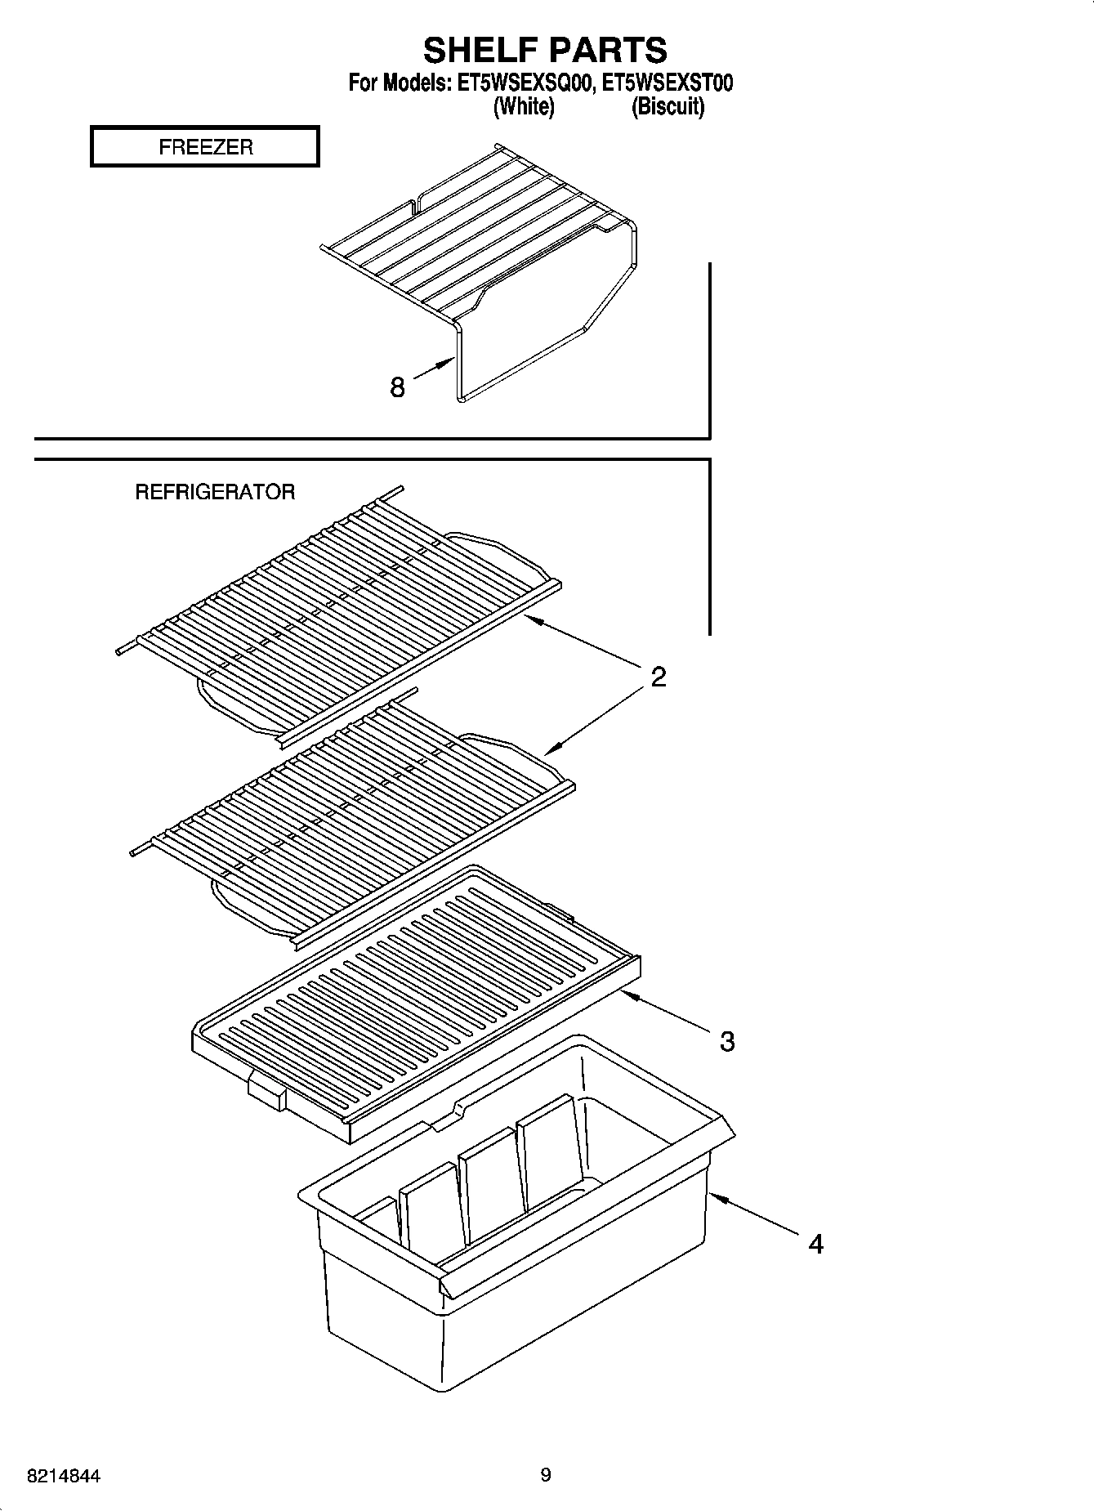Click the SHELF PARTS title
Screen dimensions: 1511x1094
point(545,51)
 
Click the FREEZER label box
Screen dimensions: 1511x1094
point(205,147)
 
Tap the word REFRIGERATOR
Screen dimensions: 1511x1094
point(215,492)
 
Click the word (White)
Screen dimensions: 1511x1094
point(524,107)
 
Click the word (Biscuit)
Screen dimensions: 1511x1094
point(668,107)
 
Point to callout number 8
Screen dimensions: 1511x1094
point(397,387)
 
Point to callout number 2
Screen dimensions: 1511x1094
point(659,677)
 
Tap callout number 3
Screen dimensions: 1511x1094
point(726,1041)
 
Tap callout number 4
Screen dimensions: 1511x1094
point(815,1244)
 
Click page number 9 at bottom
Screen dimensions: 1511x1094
point(546,1475)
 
